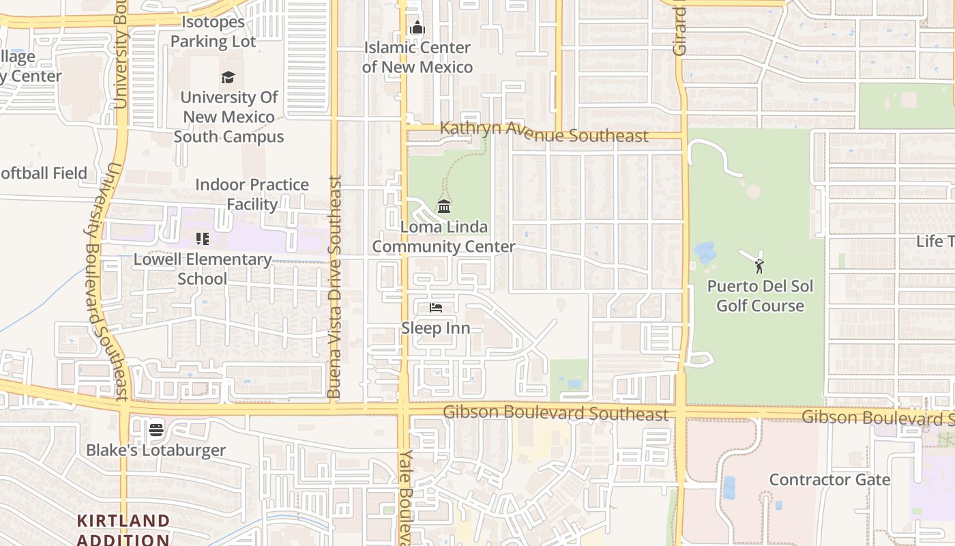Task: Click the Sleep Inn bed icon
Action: pos(435,308)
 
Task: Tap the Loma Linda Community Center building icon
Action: pos(444,206)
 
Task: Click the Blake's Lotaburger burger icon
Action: pos(156,430)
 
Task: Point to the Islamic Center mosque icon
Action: pos(417,28)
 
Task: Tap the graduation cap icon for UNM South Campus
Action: pos(228,78)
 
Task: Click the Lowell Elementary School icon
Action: pos(202,239)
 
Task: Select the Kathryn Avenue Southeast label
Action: pos(544,132)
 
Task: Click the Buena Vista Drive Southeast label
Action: pos(334,287)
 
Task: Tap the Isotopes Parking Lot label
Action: pos(213,31)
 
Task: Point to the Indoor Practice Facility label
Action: pos(252,195)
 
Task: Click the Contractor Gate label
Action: pos(829,480)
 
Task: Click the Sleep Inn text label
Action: pos(435,328)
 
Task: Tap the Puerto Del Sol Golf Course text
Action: pos(760,296)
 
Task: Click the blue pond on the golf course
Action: pos(705,253)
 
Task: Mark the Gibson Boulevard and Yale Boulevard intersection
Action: pos(403,409)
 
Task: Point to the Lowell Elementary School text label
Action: pos(203,269)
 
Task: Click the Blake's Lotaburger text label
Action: pos(156,450)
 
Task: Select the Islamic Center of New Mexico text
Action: pos(417,57)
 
